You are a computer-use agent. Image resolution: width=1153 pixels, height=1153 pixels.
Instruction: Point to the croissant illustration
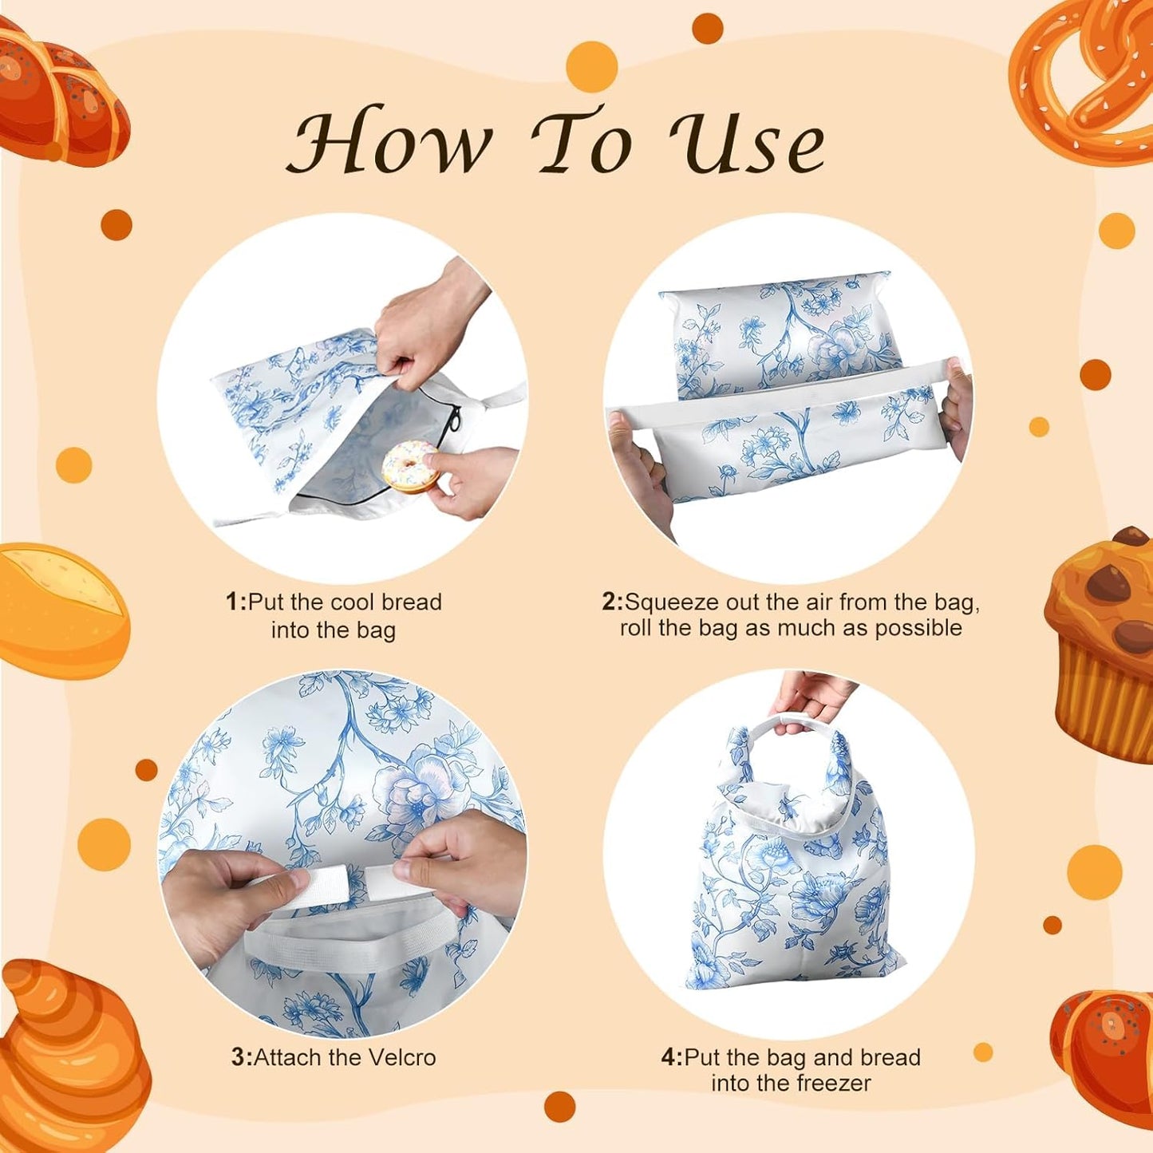click(68, 1053)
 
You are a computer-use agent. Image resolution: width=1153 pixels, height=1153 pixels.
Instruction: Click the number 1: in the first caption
click(236, 602)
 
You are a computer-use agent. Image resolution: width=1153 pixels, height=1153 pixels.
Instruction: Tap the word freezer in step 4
click(830, 1083)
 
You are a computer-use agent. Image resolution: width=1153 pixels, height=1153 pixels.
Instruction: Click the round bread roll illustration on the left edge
click(60, 610)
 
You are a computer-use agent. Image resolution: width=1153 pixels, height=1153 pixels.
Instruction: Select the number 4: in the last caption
click(672, 1057)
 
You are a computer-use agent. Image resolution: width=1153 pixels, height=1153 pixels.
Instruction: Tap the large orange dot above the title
click(591, 67)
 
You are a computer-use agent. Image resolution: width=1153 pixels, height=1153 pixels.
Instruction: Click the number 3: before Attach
click(241, 1057)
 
